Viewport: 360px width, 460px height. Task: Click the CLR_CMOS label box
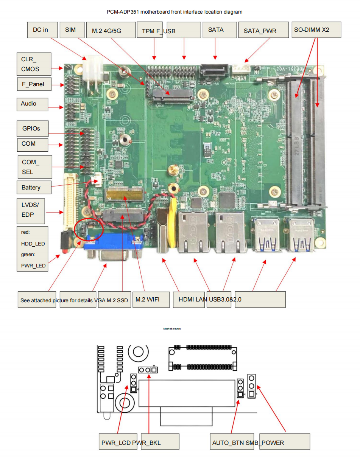(34, 64)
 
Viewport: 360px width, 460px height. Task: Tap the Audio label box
(32, 104)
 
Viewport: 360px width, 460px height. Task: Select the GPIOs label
(34, 129)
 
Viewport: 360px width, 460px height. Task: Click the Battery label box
(34, 187)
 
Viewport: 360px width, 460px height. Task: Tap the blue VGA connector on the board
(113, 246)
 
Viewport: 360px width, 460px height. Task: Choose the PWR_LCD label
(115, 442)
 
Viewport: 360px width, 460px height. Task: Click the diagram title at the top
(175, 12)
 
